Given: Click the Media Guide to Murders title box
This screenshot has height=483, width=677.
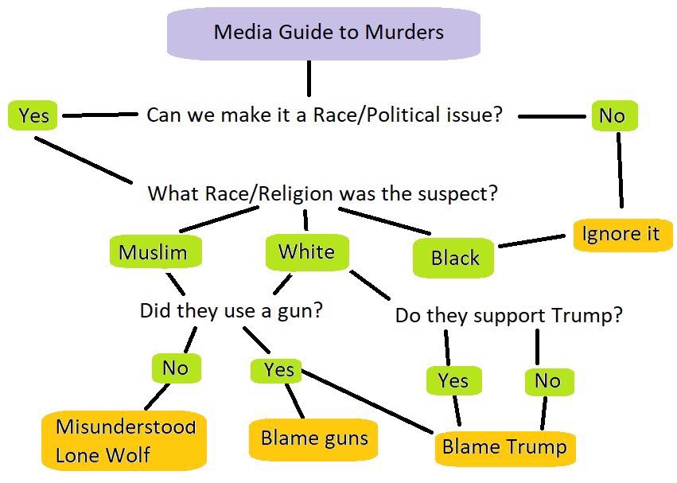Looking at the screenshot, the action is (x=324, y=33).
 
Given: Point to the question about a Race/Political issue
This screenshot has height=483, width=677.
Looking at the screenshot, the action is (x=325, y=115).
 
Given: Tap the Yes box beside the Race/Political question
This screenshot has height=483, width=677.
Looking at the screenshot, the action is (x=33, y=115).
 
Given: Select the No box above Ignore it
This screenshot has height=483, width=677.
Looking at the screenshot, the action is (x=614, y=116).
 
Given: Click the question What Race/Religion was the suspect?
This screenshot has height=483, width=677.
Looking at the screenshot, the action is (x=322, y=193).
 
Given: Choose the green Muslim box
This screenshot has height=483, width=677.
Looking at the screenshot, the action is (x=155, y=251).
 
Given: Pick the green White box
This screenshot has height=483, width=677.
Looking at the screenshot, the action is (x=307, y=252).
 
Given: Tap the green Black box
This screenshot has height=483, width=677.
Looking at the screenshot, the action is (x=453, y=258).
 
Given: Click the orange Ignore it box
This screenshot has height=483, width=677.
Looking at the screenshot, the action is (x=623, y=235).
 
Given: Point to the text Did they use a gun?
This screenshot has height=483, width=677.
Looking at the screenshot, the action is (x=232, y=310).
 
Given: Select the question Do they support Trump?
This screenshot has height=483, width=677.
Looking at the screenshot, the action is (x=509, y=315).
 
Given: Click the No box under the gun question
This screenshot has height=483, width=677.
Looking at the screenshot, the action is (x=176, y=368).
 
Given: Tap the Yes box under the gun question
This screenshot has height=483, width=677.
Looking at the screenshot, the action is (x=276, y=370).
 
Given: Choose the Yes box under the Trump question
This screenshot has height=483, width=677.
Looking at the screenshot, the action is (x=453, y=380).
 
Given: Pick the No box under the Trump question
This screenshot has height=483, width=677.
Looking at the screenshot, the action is (x=549, y=381).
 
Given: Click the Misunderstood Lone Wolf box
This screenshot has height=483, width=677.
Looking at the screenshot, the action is (x=124, y=440).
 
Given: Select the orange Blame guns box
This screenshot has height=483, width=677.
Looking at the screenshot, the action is (x=313, y=439).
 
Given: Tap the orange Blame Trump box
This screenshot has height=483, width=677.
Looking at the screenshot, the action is (x=505, y=447).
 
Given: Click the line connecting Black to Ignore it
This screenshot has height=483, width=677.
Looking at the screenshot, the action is (x=532, y=241).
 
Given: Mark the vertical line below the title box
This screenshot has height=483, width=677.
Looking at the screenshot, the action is (x=309, y=78).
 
